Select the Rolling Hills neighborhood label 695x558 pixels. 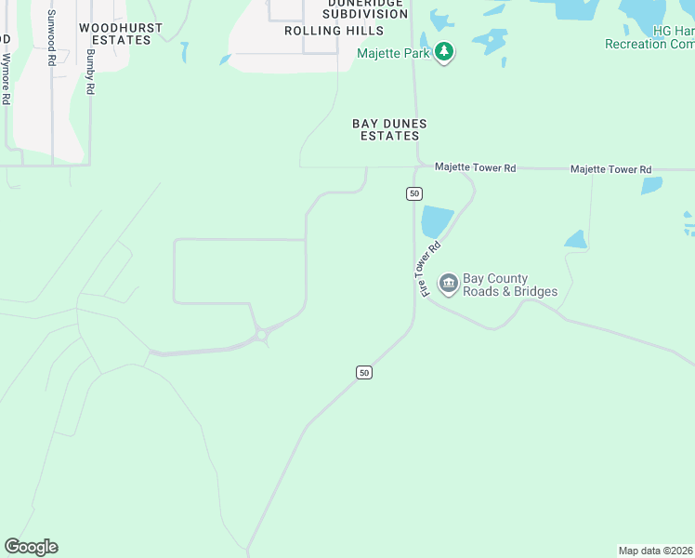pyautogui.click(x=320, y=30)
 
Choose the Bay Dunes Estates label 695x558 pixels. pyautogui.click(x=389, y=129)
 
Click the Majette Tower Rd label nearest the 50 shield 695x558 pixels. pyautogui.click(x=475, y=168)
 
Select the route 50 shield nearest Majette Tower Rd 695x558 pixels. pyautogui.click(x=414, y=193)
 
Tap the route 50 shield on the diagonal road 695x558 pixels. pyautogui.click(x=364, y=372)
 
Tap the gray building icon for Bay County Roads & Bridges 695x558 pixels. pyautogui.click(x=448, y=283)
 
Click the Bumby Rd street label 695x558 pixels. pyautogui.click(x=90, y=71)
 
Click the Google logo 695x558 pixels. pyautogui.click(x=31, y=547)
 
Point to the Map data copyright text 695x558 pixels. pyautogui.click(x=655, y=551)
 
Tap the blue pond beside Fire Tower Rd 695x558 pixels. pyautogui.click(x=436, y=221)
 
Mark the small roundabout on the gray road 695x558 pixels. pyautogui.click(x=263, y=333)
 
